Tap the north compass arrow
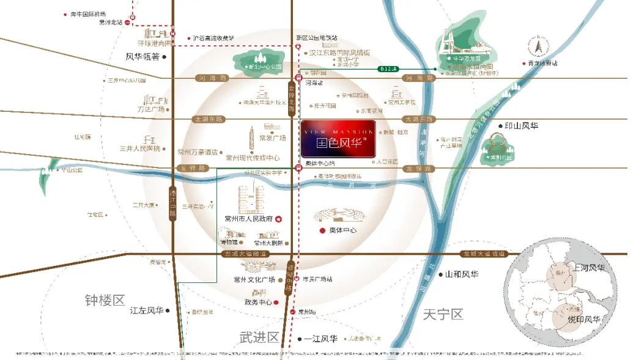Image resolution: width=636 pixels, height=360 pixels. [538, 46]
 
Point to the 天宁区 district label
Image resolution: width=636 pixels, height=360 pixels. [443, 315]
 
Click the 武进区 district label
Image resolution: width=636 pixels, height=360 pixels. [259, 337]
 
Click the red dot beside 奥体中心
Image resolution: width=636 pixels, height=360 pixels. [323, 230]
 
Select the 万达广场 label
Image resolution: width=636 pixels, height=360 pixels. [151, 109]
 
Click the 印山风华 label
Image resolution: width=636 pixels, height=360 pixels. [521, 127]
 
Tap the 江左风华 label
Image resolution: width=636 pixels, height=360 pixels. [147, 310]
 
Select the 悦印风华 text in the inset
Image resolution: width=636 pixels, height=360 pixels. [584, 320]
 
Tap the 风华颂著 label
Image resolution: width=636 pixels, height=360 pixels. [142, 57]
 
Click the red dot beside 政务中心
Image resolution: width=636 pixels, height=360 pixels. [276, 302]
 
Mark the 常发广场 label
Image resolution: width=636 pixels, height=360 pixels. [273, 138]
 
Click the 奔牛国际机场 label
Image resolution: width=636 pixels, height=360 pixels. [89, 14]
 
